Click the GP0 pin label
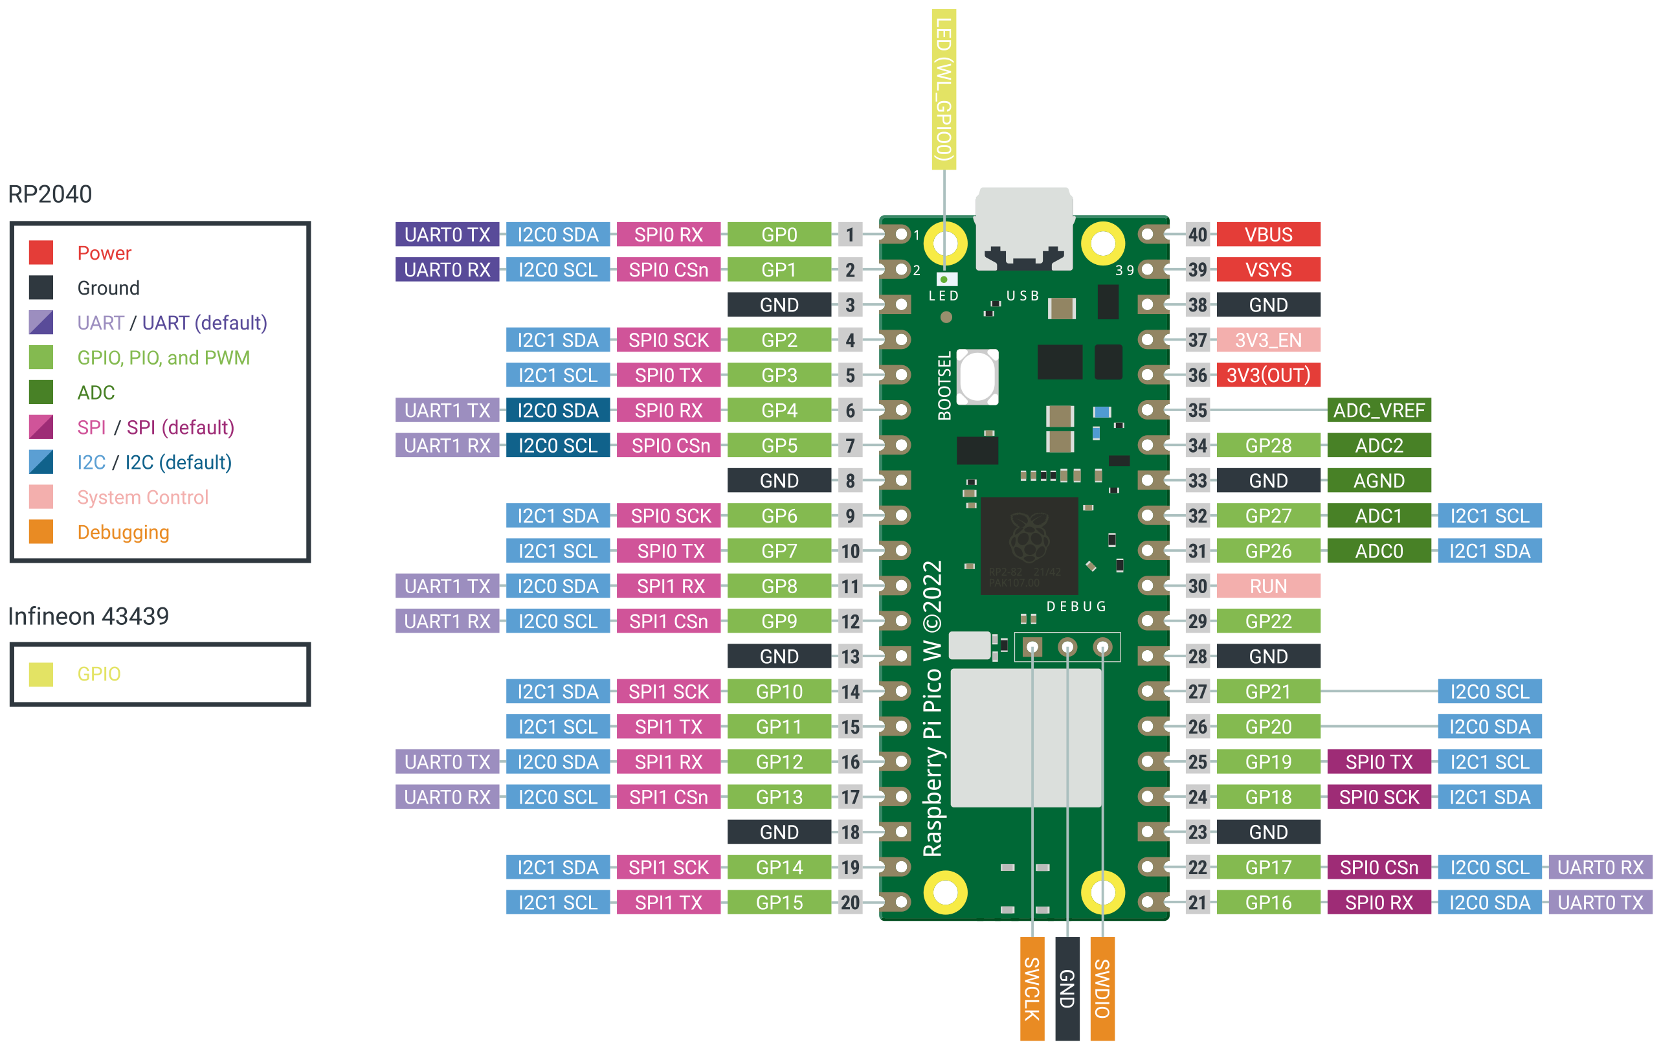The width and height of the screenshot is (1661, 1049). (779, 234)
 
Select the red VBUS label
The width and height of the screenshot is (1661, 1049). (1268, 234)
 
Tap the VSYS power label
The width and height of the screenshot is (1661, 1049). (1268, 270)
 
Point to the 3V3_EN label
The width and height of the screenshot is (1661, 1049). (1268, 340)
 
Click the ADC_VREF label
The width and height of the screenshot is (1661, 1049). (1378, 411)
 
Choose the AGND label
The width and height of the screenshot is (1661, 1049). (1378, 481)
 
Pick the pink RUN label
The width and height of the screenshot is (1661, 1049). (1268, 586)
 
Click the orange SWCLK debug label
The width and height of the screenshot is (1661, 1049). (1032, 988)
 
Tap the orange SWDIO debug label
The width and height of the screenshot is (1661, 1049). (1102, 988)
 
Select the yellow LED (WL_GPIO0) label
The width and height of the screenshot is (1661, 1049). (944, 90)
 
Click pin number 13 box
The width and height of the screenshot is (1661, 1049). (850, 657)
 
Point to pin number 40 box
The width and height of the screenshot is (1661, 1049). (1198, 234)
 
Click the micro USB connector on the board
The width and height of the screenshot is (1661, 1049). (1023, 228)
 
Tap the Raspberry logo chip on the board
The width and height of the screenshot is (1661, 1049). (1029, 545)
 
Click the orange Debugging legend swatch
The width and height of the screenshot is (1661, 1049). (41, 532)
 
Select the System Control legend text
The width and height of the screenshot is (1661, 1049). (142, 497)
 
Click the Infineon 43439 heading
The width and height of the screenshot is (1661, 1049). (88, 616)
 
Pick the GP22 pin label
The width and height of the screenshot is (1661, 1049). (1268, 621)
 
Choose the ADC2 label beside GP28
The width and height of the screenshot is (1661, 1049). (1378, 446)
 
